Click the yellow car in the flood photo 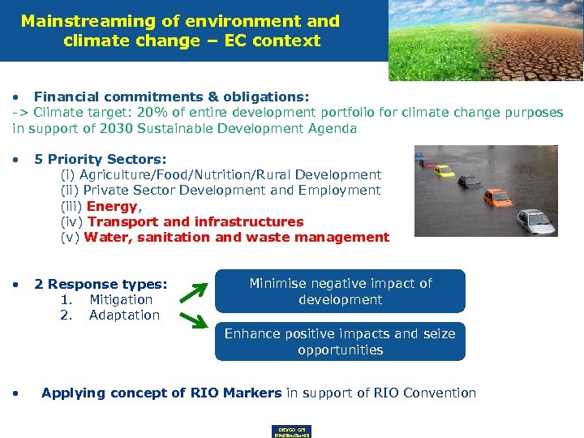point(444,171)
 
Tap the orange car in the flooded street point(496,197)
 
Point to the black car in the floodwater point(470,181)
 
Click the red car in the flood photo point(428,163)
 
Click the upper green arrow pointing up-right point(193,289)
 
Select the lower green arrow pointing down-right point(193,319)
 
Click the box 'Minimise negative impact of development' point(340,291)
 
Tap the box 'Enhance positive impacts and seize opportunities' point(340,341)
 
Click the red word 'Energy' point(111,206)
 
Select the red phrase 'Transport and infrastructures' point(195,221)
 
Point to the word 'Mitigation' point(121,299)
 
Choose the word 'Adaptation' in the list point(124,315)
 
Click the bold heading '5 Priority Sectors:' point(100,159)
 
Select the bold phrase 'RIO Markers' point(236,393)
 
